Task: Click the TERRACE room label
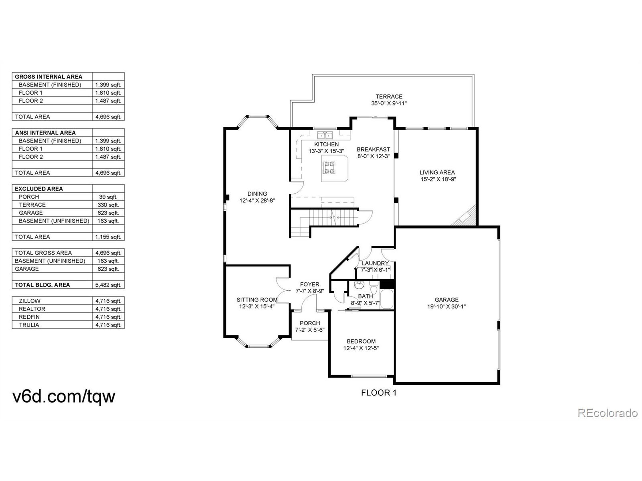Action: [x=389, y=96]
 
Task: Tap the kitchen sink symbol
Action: [x=325, y=135]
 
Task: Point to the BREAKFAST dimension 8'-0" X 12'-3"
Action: [x=373, y=156]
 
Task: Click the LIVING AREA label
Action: [x=437, y=172]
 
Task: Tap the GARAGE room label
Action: [x=446, y=300]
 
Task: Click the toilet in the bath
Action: [x=374, y=289]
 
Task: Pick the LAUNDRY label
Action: [x=375, y=263]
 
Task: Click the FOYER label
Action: [x=309, y=284]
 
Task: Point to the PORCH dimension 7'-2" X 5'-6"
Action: [x=310, y=330]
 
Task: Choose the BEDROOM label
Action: [x=361, y=341]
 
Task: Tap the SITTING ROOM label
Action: [x=257, y=300]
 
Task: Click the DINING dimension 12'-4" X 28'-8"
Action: [x=257, y=201]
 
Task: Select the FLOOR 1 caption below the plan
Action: [x=378, y=393]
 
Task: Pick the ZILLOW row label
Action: [x=30, y=301]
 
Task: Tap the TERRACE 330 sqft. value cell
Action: [x=108, y=205]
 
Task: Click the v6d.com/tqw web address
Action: [x=64, y=397]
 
